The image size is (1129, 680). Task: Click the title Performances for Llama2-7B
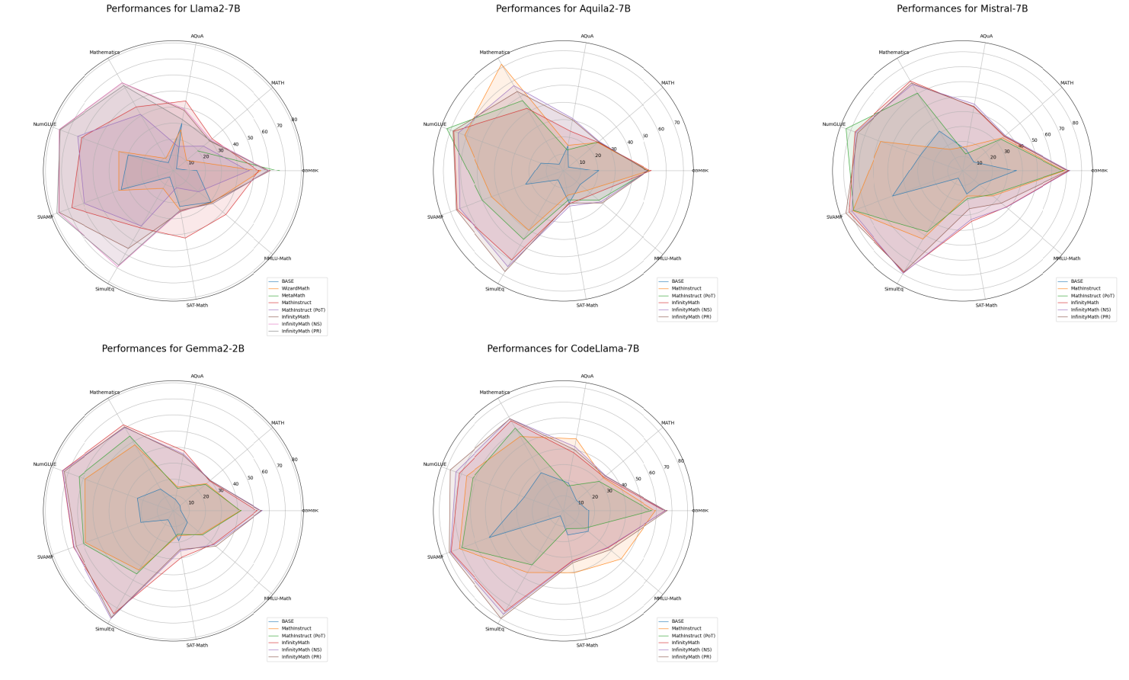point(173,9)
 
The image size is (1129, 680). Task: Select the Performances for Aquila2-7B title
point(563,9)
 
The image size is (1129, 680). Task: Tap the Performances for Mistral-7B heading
point(962,9)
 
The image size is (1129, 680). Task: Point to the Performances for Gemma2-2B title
point(173,349)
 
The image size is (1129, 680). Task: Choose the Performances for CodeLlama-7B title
point(563,349)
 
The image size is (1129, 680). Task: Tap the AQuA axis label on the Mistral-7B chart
point(986,36)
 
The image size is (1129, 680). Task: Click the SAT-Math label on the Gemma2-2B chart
point(197,646)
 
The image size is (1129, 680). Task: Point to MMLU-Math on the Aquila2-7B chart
point(667,258)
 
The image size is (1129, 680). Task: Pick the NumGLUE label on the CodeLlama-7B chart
point(435,464)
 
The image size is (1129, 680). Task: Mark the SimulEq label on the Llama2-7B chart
point(104,289)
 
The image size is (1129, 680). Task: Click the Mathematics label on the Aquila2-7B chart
point(494,53)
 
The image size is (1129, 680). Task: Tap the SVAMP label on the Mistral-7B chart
point(834,217)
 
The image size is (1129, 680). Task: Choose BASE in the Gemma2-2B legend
point(287,621)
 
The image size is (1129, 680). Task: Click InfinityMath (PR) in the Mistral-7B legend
point(1090,317)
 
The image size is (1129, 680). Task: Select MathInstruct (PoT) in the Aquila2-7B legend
point(693,296)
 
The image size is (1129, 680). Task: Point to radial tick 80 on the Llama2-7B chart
point(294,119)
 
